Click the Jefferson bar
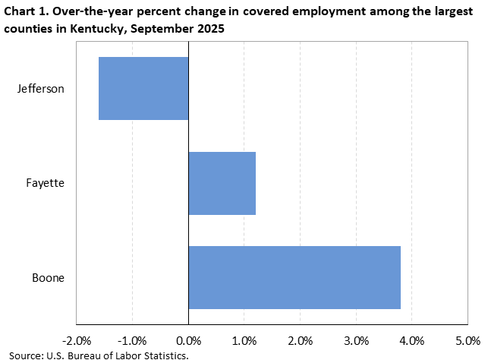[x=143, y=88]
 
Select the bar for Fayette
[x=222, y=183]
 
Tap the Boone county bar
[x=294, y=277]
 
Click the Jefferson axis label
[x=41, y=88]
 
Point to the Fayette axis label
[x=45, y=183]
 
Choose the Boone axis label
[x=48, y=277]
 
